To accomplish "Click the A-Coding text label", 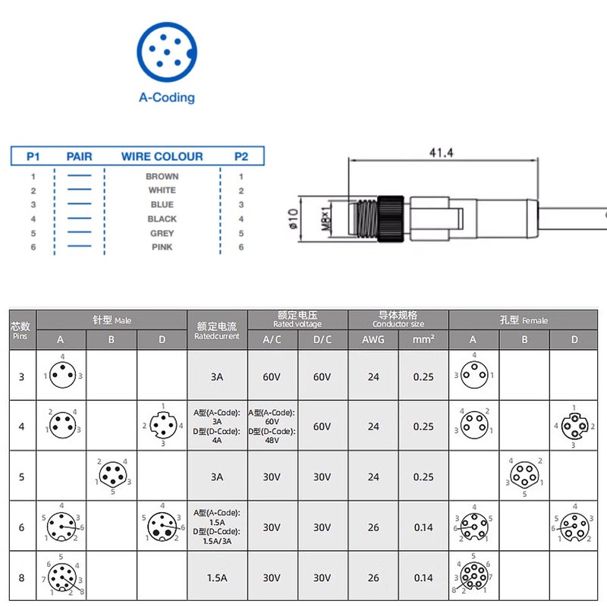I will pyautogui.click(x=167, y=97).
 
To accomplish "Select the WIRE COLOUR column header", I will pyautogui.click(x=162, y=156).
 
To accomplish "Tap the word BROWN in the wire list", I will pyautogui.click(x=162, y=176).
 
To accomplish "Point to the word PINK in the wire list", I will pyautogui.click(x=162, y=247).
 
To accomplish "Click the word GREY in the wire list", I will pyautogui.click(x=162, y=233).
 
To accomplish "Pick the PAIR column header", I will pyautogui.click(x=79, y=156).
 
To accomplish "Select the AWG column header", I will pyautogui.click(x=373, y=339).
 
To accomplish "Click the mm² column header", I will pyautogui.click(x=423, y=339).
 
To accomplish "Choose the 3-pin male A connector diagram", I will pyautogui.click(x=62, y=375).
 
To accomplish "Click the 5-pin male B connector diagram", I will pyautogui.click(x=111, y=476).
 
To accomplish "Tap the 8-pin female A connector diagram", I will pyautogui.click(x=473, y=577).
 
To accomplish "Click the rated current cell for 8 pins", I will pyautogui.click(x=217, y=577).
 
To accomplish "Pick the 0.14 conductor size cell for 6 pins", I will pyautogui.click(x=423, y=527).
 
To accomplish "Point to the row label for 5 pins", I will pyautogui.click(x=21, y=476).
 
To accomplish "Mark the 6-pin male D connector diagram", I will pyautogui.click(x=161, y=525).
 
